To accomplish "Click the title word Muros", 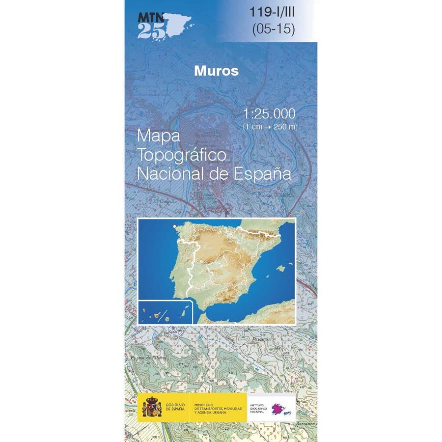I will click(216, 71).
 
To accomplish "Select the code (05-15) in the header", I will click(273, 29).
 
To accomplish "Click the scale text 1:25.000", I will click(269, 114).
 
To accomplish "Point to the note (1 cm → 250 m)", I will click(270, 127).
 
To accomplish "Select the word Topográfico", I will click(182, 155).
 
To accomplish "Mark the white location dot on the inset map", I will click(175, 226).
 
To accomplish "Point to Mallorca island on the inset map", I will click(280, 269).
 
